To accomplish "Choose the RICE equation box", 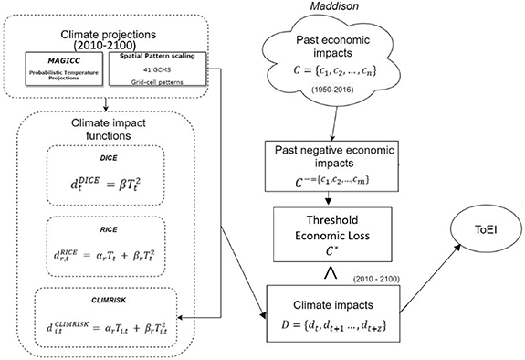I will point(108,248).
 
